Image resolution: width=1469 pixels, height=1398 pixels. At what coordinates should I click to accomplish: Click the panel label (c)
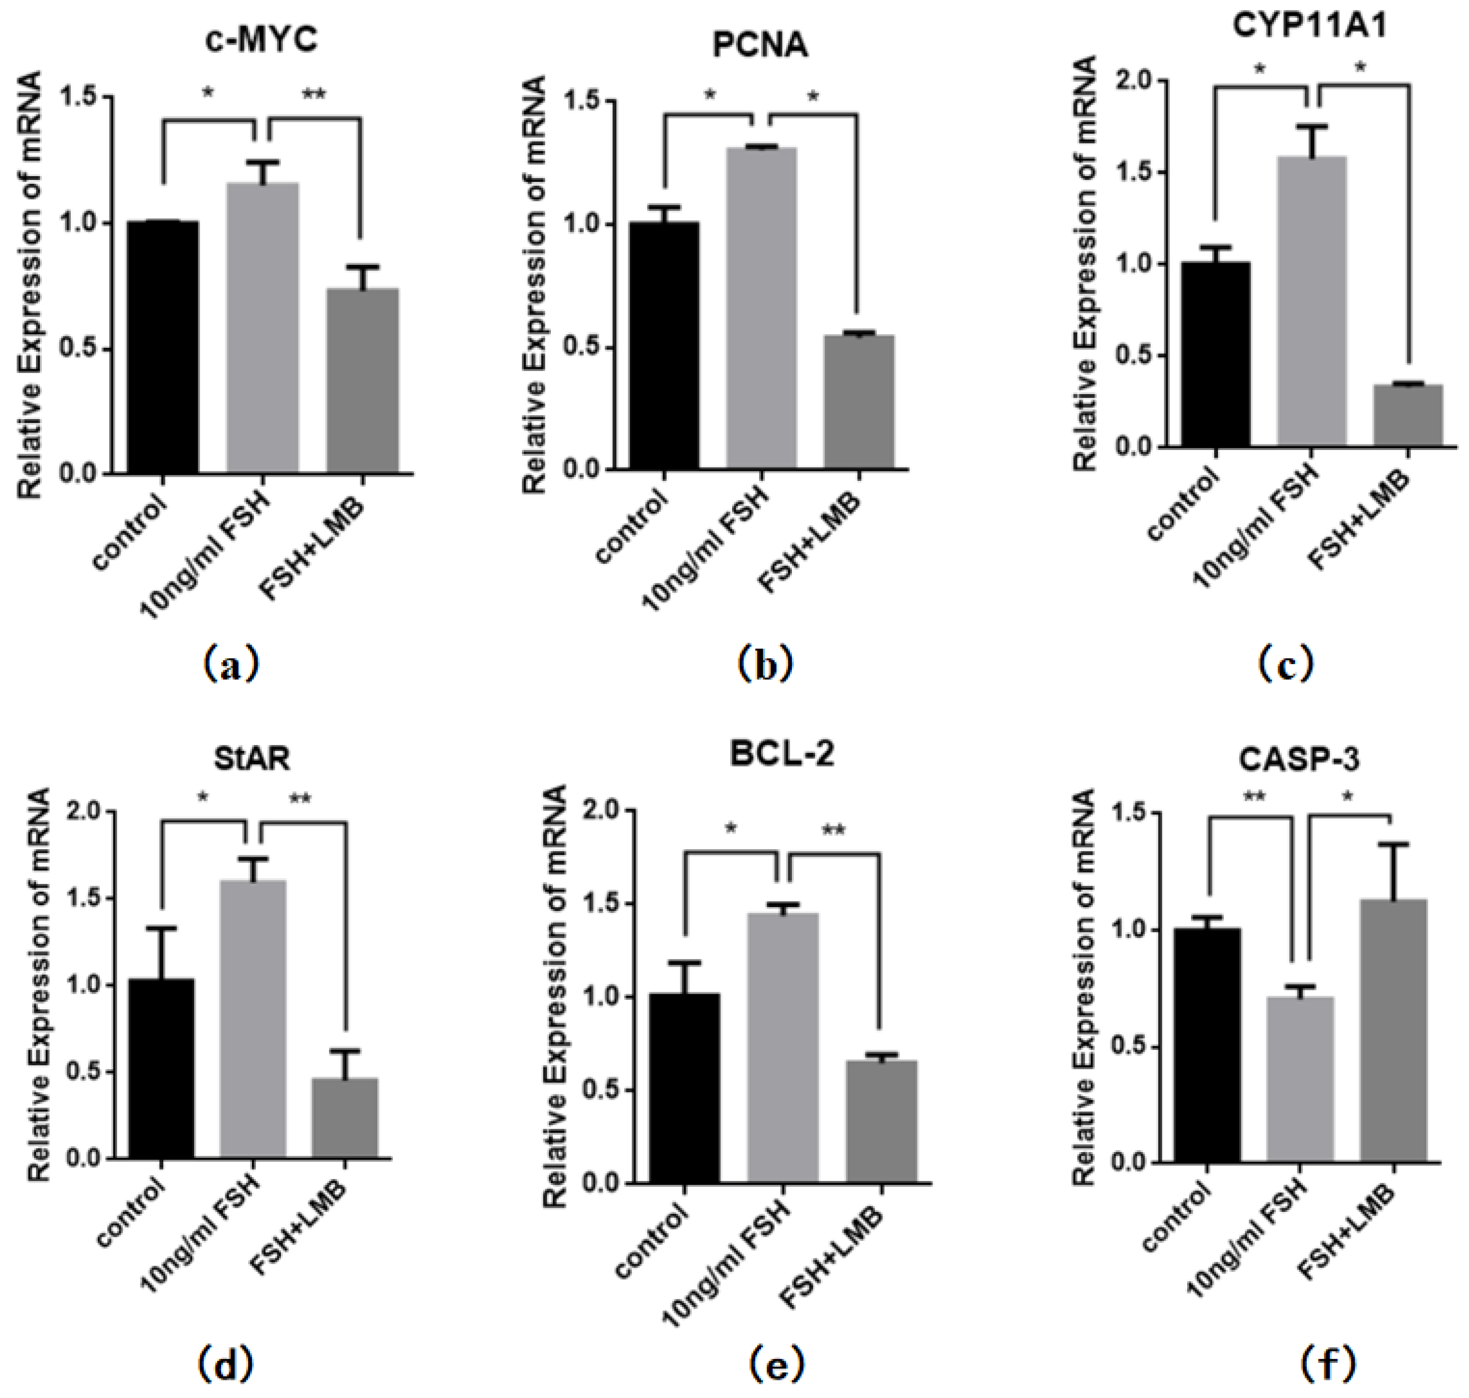[x=1286, y=663]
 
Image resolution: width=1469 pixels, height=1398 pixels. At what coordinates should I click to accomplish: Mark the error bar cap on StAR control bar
[x=161, y=929]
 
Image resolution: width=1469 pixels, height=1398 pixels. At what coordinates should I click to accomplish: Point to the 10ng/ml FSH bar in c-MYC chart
[x=262, y=328]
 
